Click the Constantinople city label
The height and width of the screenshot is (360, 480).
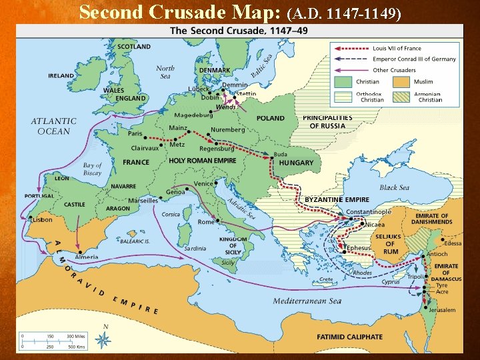click(x=369, y=212)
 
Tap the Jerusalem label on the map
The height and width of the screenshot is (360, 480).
click(x=442, y=310)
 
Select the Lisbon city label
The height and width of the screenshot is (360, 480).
click(x=42, y=219)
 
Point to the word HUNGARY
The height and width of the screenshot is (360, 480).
click(x=296, y=163)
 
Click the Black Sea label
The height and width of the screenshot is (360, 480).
click(x=394, y=187)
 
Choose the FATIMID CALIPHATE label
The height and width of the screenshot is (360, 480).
click(x=349, y=337)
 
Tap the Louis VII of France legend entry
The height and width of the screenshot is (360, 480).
click(x=397, y=49)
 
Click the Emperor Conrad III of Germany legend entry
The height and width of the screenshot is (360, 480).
click(x=415, y=59)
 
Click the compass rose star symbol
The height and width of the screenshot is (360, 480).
click(x=103, y=341)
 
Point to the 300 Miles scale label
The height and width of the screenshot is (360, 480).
click(x=75, y=336)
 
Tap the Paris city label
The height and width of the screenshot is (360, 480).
click(x=135, y=133)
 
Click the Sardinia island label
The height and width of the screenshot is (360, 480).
click(x=195, y=248)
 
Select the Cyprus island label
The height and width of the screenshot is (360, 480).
click(x=390, y=281)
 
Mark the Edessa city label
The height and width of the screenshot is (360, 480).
click(x=453, y=243)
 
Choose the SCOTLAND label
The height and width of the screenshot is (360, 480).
click(x=133, y=47)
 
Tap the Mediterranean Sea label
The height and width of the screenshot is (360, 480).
click(x=307, y=301)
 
